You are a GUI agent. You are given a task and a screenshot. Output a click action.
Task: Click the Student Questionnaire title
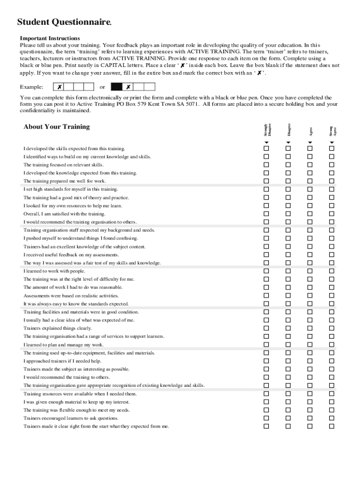tap(64, 22)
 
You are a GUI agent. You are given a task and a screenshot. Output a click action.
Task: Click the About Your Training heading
tap(57, 127)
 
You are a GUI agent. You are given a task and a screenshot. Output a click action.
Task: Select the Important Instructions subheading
tap(50, 38)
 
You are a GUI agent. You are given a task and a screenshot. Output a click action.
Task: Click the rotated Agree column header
tap(310, 131)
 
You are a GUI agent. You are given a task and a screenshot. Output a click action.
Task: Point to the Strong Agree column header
tap(332, 131)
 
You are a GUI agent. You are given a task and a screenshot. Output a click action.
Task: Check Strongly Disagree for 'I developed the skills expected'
tap(266, 148)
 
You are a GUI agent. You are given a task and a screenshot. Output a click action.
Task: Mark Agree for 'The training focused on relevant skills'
tap(310, 165)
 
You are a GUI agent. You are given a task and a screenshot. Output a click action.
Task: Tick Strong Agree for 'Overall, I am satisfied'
tap(332, 214)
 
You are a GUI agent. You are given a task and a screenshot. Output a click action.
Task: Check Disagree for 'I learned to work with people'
tap(288, 271)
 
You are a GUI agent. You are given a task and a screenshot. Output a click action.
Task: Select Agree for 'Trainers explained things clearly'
tap(310, 328)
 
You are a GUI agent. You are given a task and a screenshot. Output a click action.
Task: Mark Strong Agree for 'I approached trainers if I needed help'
tap(332, 361)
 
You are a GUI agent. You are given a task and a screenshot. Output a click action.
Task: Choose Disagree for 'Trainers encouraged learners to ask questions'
tap(288, 418)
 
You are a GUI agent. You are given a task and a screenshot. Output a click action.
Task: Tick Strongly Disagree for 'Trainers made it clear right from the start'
tap(266, 426)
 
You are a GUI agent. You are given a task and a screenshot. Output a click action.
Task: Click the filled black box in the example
tap(116, 87)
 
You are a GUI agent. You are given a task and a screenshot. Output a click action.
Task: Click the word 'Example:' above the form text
tap(32, 87)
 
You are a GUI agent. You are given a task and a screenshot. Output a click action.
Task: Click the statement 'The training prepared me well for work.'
tap(65, 181)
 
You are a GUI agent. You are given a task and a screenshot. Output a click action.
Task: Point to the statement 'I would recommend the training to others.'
tap(67, 377)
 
